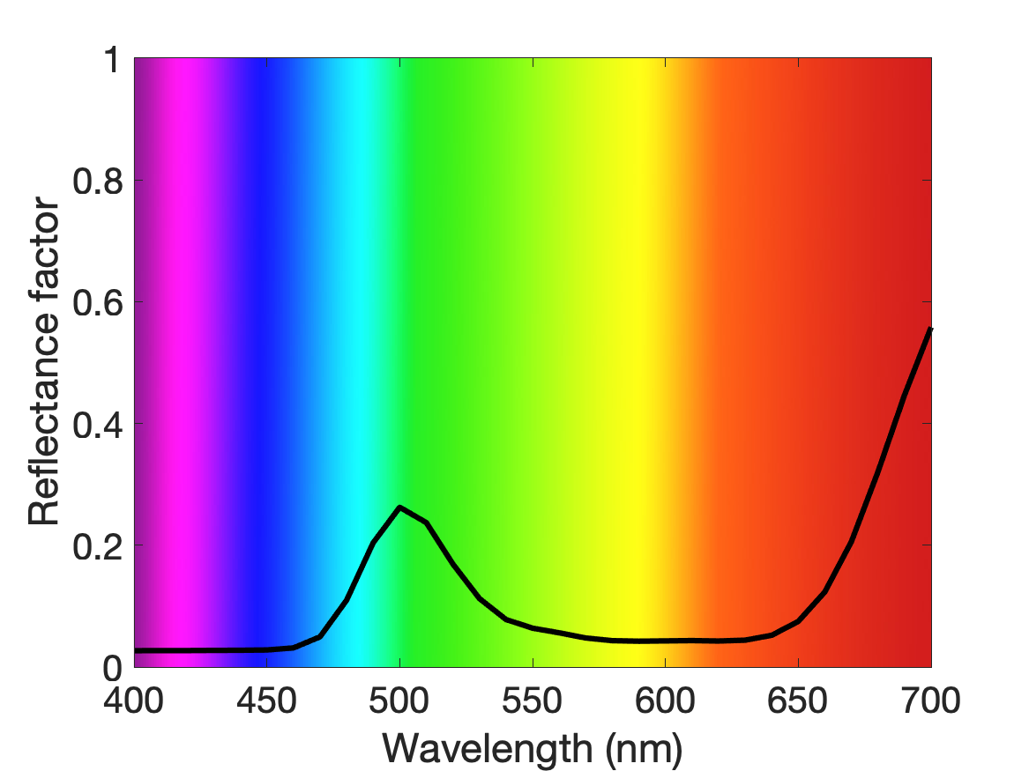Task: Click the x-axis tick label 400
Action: point(133,701)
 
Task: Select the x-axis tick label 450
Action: point(266,701)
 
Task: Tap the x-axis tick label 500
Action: point(399,701)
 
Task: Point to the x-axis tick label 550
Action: point(533,701)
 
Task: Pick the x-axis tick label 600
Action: point(665,701)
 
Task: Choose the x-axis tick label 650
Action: point(797,701)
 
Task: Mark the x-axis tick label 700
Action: point(930,701)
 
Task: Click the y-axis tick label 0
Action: point(113,668)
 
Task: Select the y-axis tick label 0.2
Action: point(98,546)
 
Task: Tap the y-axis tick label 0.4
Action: point(98,424)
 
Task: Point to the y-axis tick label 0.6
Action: point(98,302)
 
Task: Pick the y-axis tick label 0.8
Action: point(98,181)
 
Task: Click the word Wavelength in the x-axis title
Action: point(488,748)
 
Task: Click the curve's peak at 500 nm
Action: point(399,508)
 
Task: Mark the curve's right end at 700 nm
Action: point(930,329)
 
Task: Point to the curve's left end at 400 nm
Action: point(135,650)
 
